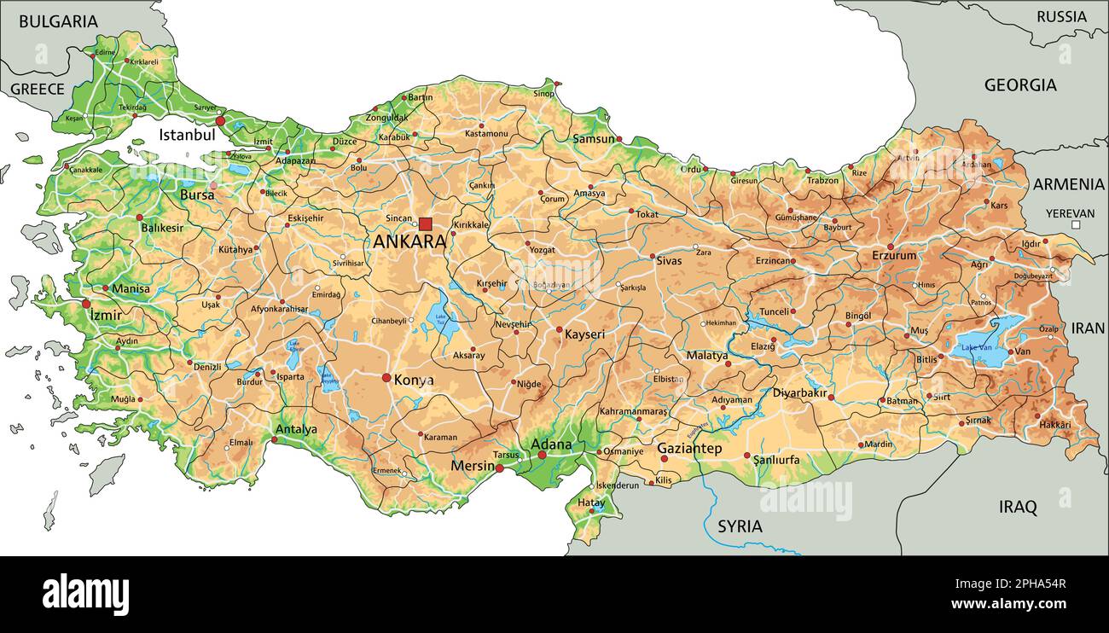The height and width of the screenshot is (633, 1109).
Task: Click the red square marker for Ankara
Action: [x=425, y=224]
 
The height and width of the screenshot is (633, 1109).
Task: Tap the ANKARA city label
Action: [x=409, y=241]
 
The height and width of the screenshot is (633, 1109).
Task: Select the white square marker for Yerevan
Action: [x=1077, y=225]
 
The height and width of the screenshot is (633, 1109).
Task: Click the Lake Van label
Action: [x=976, y=347]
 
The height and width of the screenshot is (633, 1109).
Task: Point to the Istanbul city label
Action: [x=186, y=135]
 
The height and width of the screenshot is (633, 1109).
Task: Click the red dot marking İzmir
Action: [x=86, y=304]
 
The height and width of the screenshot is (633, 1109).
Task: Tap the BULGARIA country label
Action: [x=58, y=22]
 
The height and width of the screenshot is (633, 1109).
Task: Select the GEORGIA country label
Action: [x=1020, y=85]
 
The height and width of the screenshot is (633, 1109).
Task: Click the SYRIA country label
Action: [x=740, y=526]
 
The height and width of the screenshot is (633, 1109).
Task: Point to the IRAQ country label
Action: [x=1018, y=508]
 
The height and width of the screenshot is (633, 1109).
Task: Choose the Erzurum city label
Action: [x=894, y=256]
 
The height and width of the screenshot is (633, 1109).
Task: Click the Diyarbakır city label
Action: [x=799, y=393]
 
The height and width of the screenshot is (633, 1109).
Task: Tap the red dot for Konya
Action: [x=386, y=378]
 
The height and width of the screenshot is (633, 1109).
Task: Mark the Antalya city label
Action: [x=296, y=429]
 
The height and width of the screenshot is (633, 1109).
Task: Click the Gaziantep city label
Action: [x=689, y=449]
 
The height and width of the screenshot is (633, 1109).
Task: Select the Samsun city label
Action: [x=594, y=139]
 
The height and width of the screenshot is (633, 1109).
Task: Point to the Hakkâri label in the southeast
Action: [x=1054, y=425]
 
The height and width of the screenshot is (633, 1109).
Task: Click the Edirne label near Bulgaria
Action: [x=105, y=53]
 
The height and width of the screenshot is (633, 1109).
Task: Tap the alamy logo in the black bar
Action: [x=85, y=595]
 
